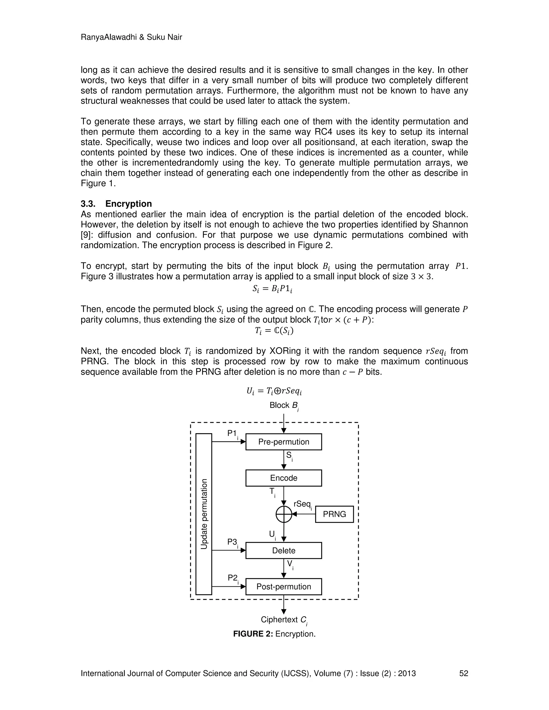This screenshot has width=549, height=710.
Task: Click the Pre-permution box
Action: click(x=283, y=442)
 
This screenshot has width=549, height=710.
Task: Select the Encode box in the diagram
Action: click(x=283, y=478)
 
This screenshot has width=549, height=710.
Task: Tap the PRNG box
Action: click(x=334, y=514)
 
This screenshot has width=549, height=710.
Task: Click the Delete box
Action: click(x=283, y=550)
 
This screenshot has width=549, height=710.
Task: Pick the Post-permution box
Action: click(x=283, y=586)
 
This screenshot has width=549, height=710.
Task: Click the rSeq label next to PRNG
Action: click(x=302, y=504)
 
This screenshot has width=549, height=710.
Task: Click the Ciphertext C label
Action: click(x=284, y=620)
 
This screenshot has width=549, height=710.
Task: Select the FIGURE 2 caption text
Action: click(x=274, y=634)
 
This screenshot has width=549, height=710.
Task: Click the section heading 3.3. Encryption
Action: click(x=116, y=204)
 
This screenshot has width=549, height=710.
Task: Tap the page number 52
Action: click(x=463, y=673)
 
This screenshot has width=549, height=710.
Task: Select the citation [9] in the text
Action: click(x=85, y=235)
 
